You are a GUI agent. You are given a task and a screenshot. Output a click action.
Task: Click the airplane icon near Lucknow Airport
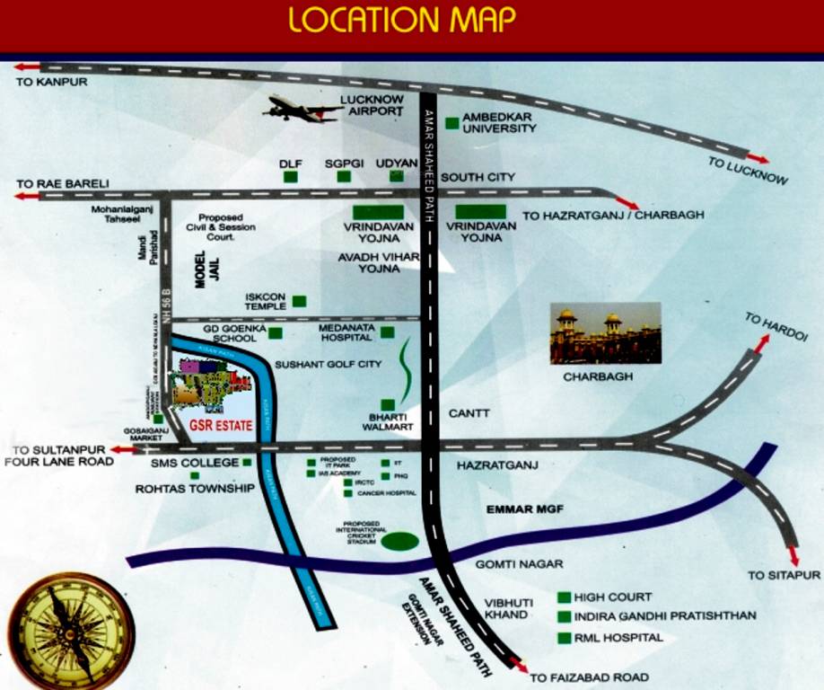[x=300, y=110]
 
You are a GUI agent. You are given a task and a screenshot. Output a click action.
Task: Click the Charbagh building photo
[x=605, y=332]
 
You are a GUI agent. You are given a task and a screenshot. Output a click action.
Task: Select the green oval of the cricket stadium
[x=399, y=541]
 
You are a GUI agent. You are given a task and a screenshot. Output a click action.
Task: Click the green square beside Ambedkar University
[x=451, y=120]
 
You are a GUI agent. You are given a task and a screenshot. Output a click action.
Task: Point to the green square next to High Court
[x=564, y=597]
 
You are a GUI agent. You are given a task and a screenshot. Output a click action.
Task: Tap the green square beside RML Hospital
[x=564, y=639]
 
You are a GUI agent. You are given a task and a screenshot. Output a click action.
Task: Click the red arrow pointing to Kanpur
[x=26, y=67]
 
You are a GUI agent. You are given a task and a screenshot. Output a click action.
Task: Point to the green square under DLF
[x=290, y=177]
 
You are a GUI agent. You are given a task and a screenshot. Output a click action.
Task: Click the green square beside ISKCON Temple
[x=299, y=301]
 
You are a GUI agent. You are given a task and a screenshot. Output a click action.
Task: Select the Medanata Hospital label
[x=346, y=333]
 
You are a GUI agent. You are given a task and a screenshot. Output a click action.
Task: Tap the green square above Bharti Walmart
[x=388, y=405]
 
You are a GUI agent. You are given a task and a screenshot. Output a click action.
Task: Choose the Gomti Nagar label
[x=519, y=564]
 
